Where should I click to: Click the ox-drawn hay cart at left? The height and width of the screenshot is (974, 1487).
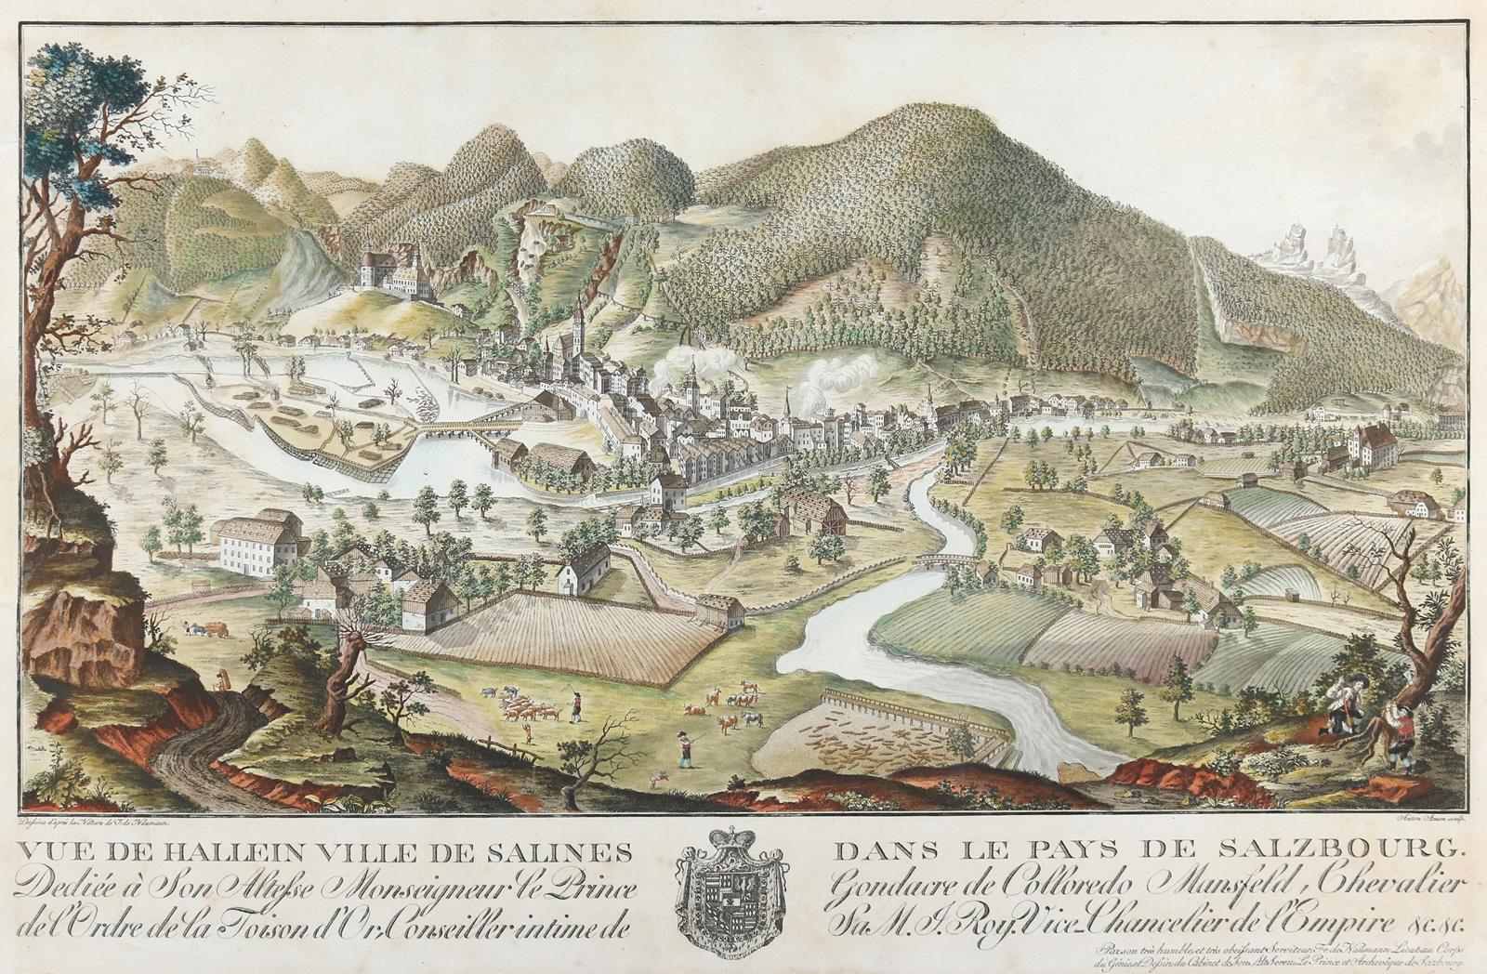pos(210,629)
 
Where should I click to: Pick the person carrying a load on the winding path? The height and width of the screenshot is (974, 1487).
pos(222,680)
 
